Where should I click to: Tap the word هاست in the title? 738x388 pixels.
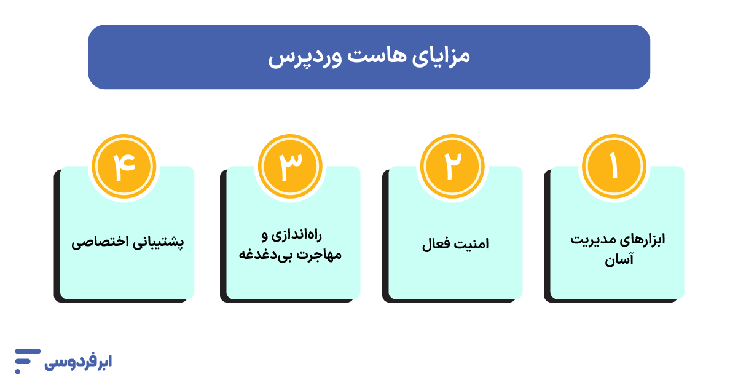pyautogui.click(x=372, y=57)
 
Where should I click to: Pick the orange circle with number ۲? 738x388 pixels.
pyautogui.click(x=452, y=166)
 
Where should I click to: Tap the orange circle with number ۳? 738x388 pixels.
pyautogui.click(x=290, y=166)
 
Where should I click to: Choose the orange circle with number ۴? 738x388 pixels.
pyautogui.click(x=124, y=166)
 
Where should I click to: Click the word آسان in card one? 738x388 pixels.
pyautogui.click(x=618, y=261)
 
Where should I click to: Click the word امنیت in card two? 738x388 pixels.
pyautogui.click(x=471, y=245)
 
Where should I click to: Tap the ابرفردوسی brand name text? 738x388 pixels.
pyautogui.click(x=78, y=363)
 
